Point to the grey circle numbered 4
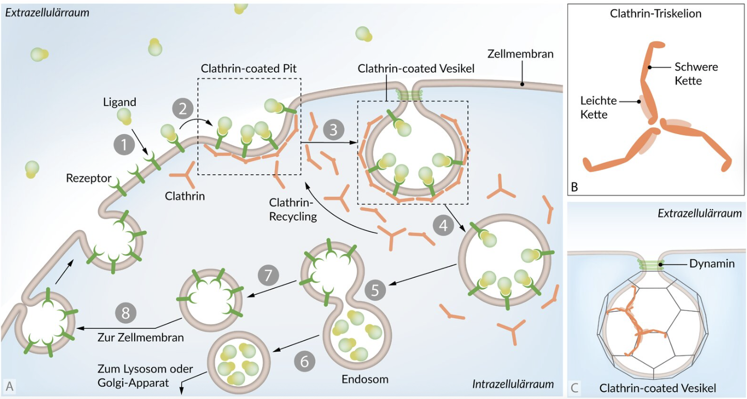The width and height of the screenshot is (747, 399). tap(443, 225)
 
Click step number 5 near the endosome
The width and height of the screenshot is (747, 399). tap(376, 291)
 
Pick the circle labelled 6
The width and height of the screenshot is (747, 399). tap(305, 361)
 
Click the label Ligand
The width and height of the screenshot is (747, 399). tap(119, 102)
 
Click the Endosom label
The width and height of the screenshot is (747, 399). tap(365, 380)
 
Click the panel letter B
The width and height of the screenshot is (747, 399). tap(574, 187)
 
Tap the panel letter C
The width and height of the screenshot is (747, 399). tap(575, 387)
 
